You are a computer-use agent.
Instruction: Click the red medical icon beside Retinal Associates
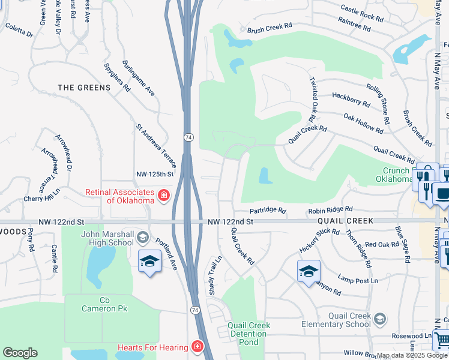163,196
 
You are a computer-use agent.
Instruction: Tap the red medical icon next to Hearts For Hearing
197,347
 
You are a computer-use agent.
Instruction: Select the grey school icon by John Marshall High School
142,238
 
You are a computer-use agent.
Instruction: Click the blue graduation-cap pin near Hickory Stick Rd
309,271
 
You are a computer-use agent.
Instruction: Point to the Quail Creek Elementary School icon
379,317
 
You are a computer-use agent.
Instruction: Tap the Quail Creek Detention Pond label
249,334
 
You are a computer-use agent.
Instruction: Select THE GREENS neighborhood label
84,88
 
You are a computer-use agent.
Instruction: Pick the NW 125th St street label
154,174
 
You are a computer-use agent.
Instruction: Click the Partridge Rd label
268,211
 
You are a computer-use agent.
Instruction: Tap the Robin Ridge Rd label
330,211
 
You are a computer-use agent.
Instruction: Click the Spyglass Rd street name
117,77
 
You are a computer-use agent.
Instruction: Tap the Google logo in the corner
20,353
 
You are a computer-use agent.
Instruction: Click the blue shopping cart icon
442,340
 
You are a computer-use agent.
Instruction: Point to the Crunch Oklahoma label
393,174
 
